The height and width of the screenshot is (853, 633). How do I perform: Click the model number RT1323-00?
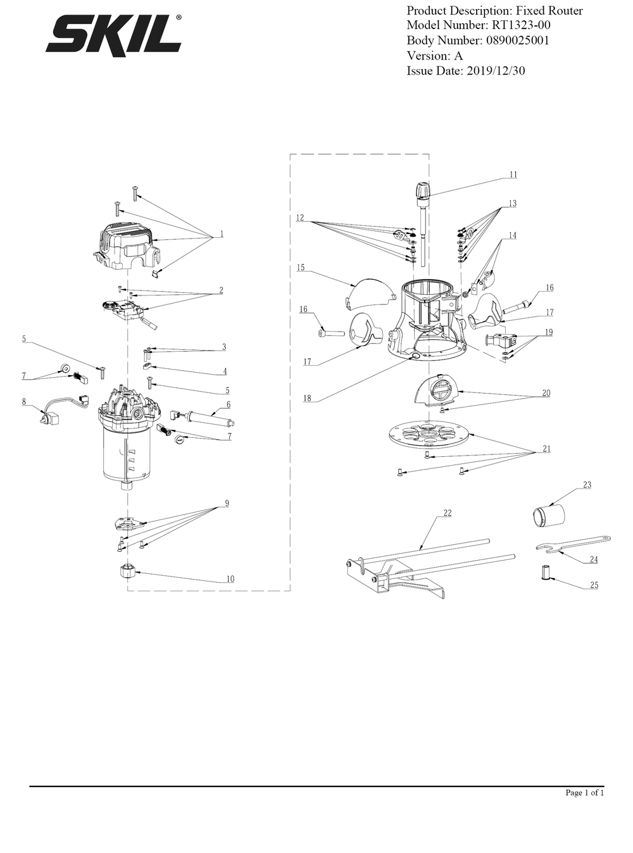coord(520,25)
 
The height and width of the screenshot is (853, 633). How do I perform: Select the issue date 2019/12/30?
coord(496,71)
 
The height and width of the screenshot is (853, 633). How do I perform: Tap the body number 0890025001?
coord(518,40)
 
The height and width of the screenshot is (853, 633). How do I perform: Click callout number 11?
coord(513,175)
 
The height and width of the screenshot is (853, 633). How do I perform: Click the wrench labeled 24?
coord(573,544)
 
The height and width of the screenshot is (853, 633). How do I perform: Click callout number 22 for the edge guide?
coord(447,513)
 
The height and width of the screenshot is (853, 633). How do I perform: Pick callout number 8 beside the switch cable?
coord(24,402)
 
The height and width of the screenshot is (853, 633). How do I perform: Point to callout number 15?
coord(301,267)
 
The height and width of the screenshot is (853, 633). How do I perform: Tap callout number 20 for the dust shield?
coord(546,393)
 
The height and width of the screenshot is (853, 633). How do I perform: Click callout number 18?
coord(307,399)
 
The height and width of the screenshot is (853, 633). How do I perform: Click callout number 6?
coord(229,404)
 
